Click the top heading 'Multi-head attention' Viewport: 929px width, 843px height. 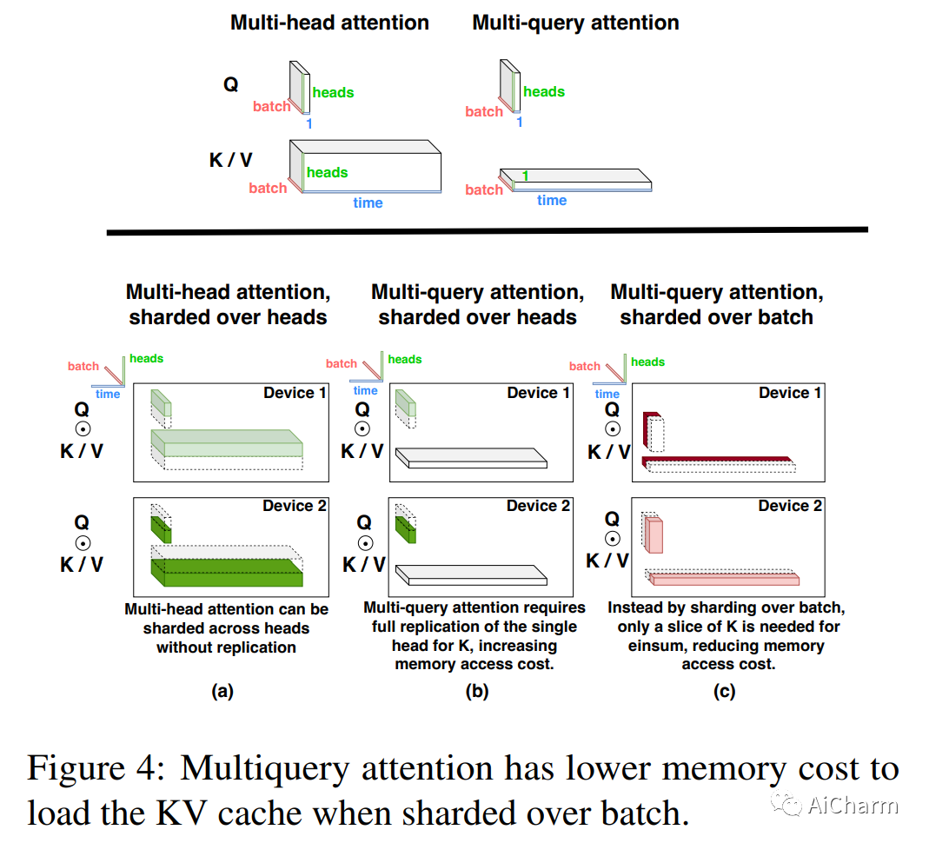329,23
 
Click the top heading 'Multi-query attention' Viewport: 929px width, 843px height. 575,23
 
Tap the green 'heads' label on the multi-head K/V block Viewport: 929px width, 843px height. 327,172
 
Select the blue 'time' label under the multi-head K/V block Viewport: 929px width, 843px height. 368,202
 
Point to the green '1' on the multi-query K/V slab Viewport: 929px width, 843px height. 526,176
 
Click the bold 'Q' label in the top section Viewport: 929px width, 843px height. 231,84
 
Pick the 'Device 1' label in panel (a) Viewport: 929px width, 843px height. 295,393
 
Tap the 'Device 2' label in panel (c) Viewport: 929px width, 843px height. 790,505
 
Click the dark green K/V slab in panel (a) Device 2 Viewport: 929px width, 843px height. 227,572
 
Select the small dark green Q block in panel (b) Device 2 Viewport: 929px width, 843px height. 405,529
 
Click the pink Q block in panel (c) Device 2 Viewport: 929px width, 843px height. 654,535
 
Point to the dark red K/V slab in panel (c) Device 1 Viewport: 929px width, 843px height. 717,460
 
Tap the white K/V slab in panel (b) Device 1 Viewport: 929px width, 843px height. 471,458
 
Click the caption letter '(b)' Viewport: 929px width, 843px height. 477,691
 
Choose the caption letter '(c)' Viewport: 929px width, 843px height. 724,691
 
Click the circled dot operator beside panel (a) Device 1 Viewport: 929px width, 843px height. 83,429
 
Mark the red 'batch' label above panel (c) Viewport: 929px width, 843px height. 584,366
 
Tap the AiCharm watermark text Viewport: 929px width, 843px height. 853,805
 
